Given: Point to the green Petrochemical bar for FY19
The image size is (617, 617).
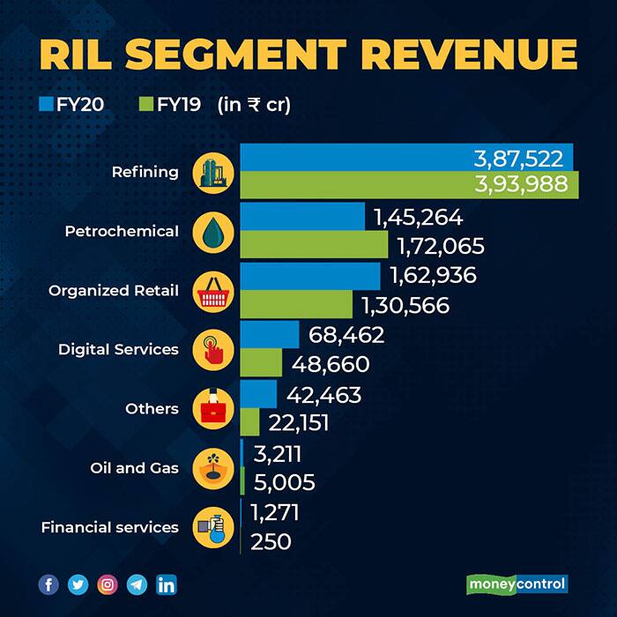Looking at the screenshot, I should pos(314,245).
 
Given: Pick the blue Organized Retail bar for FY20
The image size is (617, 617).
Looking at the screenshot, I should pos(310,276).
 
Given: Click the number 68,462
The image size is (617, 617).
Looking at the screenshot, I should pos(346,335).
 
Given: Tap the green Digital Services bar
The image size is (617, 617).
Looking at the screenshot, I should pos(261,363).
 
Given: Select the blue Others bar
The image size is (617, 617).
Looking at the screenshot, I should pos(258,394).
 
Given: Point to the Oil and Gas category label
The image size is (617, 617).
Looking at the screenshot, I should pos(135,468).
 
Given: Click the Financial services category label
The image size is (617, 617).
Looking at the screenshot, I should pos(109,527).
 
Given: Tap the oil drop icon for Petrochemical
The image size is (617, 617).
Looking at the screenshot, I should pos(213,231).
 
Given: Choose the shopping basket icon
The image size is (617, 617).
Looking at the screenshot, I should pos(213,290).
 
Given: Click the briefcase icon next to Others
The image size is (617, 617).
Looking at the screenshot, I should pos(213,409).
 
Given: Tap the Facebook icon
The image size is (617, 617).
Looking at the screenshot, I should pos(48,584).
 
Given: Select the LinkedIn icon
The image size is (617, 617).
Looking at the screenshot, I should pos(166,584).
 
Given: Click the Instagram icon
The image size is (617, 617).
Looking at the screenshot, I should pos(107,584).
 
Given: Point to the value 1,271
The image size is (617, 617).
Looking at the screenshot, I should pos(276,512).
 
